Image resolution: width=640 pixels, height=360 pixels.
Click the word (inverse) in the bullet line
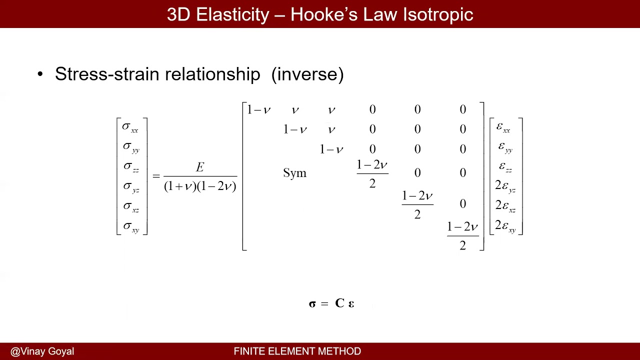click(307, 74)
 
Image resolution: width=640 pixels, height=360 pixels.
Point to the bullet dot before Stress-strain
click(40, 74)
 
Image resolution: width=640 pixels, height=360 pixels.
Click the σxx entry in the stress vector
click(130, 127)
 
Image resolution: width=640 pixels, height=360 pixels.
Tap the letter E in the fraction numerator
click(200, 167)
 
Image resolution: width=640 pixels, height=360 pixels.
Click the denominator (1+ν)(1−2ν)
click(200, 186)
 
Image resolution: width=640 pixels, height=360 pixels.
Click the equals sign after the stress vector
click(156, 176)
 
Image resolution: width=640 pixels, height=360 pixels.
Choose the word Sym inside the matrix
click(294, 173)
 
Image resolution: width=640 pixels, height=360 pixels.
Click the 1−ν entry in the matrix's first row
click(259, 109)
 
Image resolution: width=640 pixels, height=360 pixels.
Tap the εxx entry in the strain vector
click(503, 127)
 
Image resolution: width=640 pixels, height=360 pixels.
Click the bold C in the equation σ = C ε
click(340, 303)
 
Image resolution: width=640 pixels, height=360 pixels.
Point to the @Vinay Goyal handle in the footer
click(42, 351)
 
